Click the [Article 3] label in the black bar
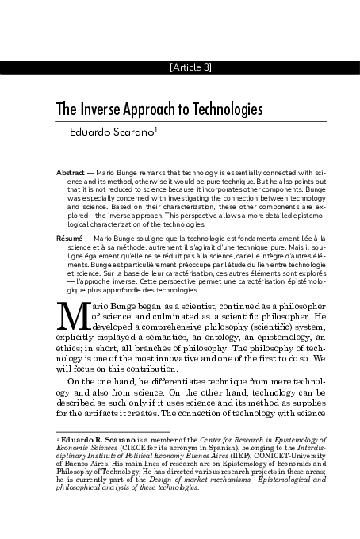190,67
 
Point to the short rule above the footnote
95,430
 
